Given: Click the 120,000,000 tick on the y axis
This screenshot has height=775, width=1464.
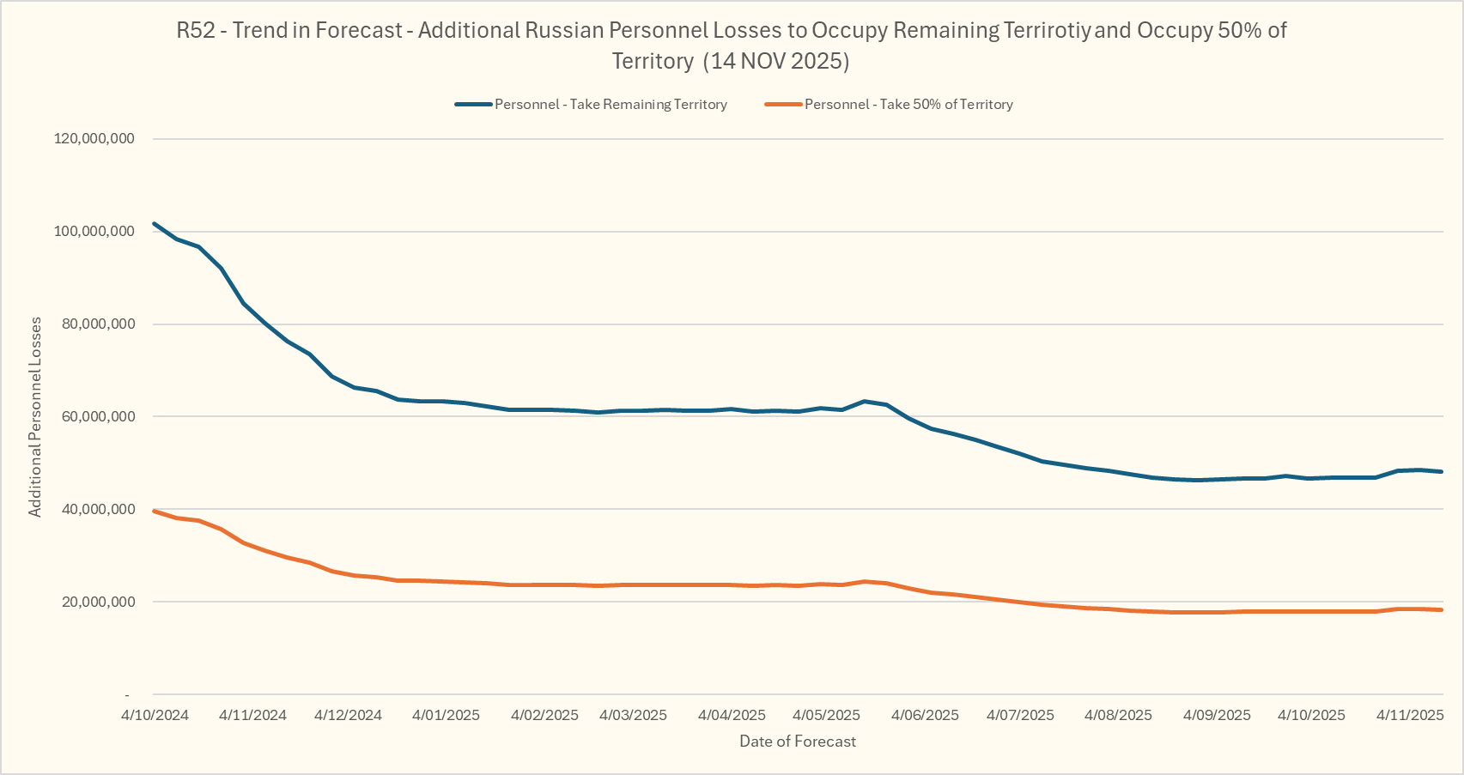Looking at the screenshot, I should [94, 139].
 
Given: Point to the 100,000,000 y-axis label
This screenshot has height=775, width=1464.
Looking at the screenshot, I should [94, 232].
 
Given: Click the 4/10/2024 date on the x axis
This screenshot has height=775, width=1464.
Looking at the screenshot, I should [155, 715].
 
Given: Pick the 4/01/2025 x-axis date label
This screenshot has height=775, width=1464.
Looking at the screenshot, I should [446, 715].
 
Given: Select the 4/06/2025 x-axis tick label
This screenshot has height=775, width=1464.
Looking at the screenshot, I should [925, 715].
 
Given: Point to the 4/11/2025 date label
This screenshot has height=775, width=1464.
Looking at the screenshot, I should [1410, 715].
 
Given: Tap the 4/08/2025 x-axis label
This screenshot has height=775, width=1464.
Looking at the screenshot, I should [1118, 715].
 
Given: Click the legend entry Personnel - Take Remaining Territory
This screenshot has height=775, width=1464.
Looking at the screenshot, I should [611, 105].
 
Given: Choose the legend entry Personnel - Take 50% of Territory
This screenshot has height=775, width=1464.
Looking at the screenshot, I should [908, 105].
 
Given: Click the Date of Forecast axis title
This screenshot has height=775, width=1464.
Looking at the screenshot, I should [798, 742].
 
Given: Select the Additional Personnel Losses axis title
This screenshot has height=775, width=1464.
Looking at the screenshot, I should [35, 417].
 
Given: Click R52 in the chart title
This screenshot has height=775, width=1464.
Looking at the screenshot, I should [196, 31].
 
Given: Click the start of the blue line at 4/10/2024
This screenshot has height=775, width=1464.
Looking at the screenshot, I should [155, 224].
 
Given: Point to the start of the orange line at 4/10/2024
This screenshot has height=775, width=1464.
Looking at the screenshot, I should [155, 512].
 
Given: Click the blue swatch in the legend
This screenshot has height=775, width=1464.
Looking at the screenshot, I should [473, 105].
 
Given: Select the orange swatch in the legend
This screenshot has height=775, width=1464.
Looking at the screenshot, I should [783, 105].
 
